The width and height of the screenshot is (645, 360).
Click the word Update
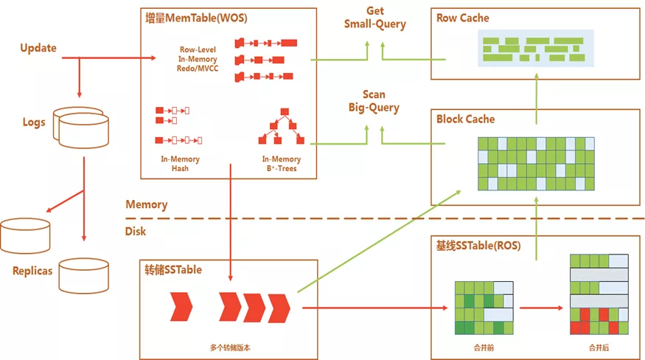click(x=38, y=48)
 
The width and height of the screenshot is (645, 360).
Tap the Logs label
click(x=34, y=122)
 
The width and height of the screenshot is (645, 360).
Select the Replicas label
click(x=32, y=271)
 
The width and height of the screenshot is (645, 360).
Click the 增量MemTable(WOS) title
click(x=196, y=18)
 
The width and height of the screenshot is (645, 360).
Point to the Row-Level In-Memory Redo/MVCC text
click(x=198, y=59)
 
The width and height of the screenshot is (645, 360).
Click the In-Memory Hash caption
click(x=180, y=164)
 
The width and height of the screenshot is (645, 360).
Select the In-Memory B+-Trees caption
click(x=282, y=164)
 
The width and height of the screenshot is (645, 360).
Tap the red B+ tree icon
click(x=282, y=126)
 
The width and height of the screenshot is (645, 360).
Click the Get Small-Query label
click(x=374, y=18)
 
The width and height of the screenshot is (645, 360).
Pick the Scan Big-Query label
click(x=374, y=101)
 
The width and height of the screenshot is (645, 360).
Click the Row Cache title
click(x=463, y=18)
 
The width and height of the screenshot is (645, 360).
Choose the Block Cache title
click(x=466, y=119)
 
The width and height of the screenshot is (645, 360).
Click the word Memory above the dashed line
click(x=147, y=205)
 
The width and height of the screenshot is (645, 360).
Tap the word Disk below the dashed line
click(x=136, y=232)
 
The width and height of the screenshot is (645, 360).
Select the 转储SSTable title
click(x=173, y=270)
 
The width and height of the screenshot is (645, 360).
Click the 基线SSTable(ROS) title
click(x=478, y=246)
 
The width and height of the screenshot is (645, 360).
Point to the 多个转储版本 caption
click(x=230, y=347)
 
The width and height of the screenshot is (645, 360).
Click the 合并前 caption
click(x=484, y=348)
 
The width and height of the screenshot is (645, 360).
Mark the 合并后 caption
click(x=599, y=348)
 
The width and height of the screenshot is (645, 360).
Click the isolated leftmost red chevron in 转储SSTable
click(x=181, y=307)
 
